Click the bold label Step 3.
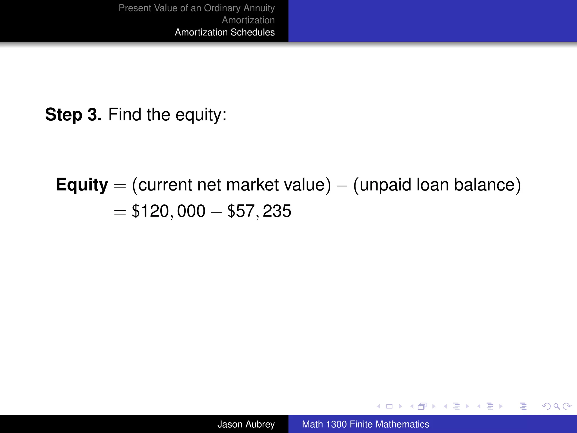tap(73, 115)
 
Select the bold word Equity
tap(82, 185)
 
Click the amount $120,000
tap(168, 211)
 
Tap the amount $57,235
tap(259, 211)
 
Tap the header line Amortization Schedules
tap(225, 32)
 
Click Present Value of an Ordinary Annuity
tap(197, 8)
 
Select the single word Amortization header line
tap(248, 20)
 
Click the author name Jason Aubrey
tap(246, 424)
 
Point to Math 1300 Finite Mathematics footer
tap(365, 424)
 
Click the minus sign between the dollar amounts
tap(216, 212)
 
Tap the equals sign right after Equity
tap(120, 186)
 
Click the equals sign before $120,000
tap(120, 212)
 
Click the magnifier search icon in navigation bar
tap(556, 406)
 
